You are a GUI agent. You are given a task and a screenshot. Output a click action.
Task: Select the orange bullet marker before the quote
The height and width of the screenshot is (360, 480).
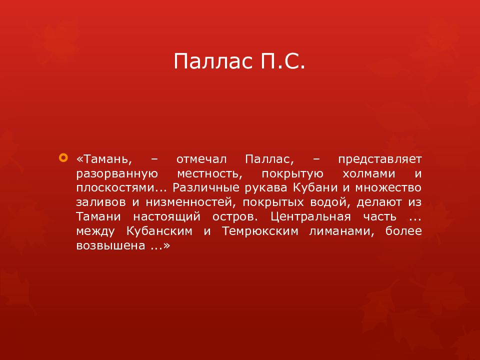pyautogui.click(x=63, y=158)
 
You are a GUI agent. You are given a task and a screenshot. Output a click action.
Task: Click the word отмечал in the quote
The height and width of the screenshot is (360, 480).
pyautogui.click(x=201, y=159)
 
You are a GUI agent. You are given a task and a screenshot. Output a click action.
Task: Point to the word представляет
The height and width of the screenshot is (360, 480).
pyautogui.click(x=379, y=159)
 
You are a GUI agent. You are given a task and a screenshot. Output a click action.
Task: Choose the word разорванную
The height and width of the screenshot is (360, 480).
pyautogui.click(x=117, y=174)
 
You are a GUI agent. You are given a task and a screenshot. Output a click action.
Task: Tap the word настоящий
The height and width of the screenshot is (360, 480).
pyautogui.click(x=166, y=217)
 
